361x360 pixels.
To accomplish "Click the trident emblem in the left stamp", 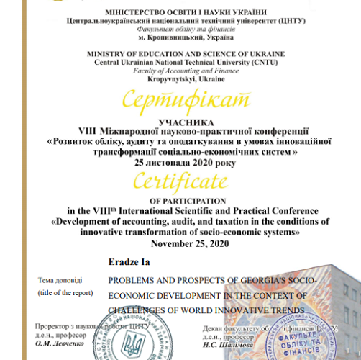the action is (x=134, y=342).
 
